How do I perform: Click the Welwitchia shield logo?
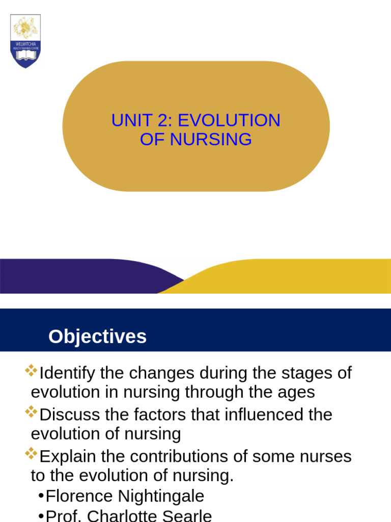(x=25, y=41)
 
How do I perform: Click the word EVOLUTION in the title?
(x=229, y=121)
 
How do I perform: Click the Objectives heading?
(x=97, y=337)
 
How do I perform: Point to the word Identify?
(x=67, y=373)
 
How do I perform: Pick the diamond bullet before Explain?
(x=31, y=453)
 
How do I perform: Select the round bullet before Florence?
(x=41, y=497)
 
